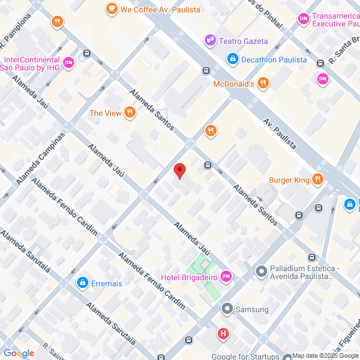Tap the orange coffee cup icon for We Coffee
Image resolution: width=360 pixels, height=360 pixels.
point(112,8)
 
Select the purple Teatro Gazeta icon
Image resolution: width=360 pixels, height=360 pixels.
point(210,40)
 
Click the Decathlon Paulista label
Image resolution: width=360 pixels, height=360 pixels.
point(274,59)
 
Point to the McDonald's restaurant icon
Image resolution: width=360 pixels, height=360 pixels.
point(263,84)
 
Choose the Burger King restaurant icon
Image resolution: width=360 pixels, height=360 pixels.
point(318,180)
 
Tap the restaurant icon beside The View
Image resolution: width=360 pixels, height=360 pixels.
point(130,113)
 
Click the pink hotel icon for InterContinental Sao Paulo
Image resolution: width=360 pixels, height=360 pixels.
point(68,63)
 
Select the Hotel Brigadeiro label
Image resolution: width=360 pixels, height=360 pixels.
point(188,277)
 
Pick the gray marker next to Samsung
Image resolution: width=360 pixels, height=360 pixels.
point(227,309)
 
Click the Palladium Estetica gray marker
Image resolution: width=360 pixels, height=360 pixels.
point(261,272)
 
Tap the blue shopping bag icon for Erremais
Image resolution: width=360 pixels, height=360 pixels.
point(82,283)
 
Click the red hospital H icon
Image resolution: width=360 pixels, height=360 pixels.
point(223,334)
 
